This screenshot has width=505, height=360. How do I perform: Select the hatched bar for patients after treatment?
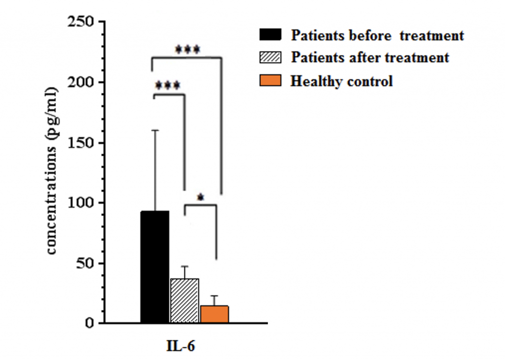pyautogui.click(x=184, y=300)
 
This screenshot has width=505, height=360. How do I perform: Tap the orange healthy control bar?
pyautogui.click(x=215, y=314)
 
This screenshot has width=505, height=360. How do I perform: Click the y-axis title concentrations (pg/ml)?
pyautogui.click(x=52, y=172)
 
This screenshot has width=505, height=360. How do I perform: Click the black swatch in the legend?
pyautogui.click(x=270, y=35)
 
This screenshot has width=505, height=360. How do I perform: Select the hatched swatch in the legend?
pyautogui.click(x=270, y=58)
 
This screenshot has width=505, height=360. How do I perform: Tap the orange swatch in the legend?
pyautogui.click(x=270, y=80)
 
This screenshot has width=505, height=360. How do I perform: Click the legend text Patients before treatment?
pyautogui.click(x=377, y=36)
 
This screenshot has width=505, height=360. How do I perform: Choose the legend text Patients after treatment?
pyautogui.click(x=370, y=58)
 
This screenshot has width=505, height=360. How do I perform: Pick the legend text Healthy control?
pyautogui.click(x=341, y=81)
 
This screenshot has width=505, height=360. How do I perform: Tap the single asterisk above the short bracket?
pyautogui.click(x=200, y=198)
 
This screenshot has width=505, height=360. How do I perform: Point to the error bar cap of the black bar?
pyautogui.click(x=155, y=130)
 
